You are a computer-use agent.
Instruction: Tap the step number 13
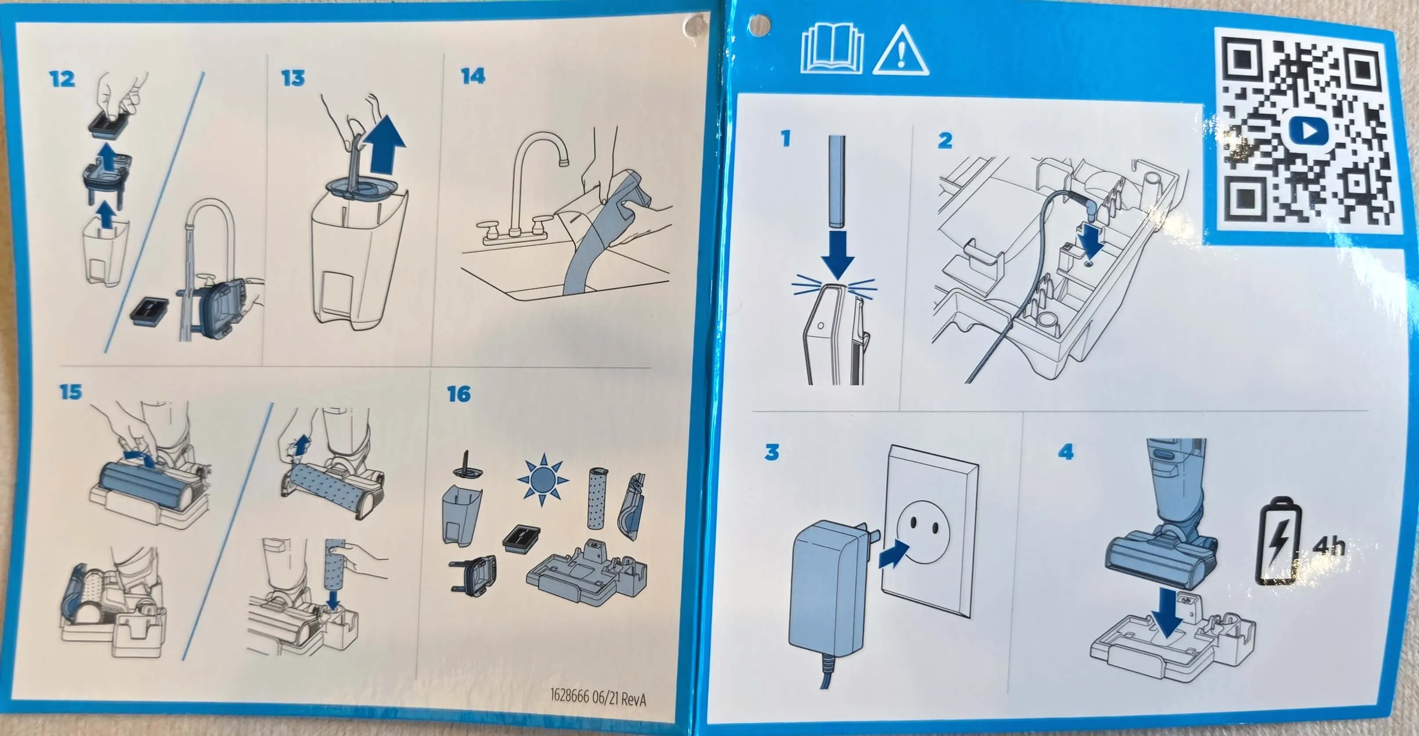pyautogui.click(x=292, y=78)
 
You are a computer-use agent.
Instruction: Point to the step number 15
pyautogui.click(x=71, y=392)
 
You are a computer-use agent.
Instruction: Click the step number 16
pyautogui.click(x=459, y=394)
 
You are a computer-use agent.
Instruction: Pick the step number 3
pyautogui.click(x=772, y=452)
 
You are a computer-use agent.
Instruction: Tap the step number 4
pyautogui.click(x=1066, y=452)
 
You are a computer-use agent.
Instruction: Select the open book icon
pyautogui.click(x=832, y=51)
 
